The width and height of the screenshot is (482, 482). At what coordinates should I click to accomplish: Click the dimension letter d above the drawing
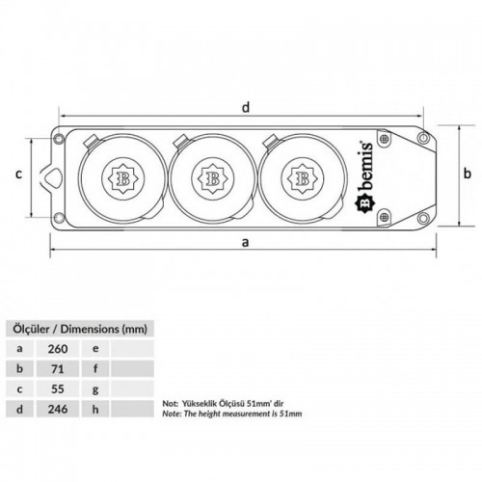(x=246, y=107)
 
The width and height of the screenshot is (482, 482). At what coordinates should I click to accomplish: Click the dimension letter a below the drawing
(x=245, y=242)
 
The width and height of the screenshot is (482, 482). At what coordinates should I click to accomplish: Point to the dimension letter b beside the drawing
(x=468, y=174)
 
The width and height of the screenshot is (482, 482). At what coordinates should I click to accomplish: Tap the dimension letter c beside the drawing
(x=19, y=174)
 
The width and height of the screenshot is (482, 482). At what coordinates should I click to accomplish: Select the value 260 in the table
(x=58, y=349)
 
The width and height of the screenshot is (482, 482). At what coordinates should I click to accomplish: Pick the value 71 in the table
(x=58, y=369)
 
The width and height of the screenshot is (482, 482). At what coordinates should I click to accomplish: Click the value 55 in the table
(x=58, y=389)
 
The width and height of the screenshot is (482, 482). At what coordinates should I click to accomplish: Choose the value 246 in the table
(x=58, y=409)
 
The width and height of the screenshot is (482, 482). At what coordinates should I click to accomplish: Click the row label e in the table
(x=95, y=349)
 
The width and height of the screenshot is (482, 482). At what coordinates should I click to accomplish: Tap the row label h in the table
(x=95, y=409)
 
